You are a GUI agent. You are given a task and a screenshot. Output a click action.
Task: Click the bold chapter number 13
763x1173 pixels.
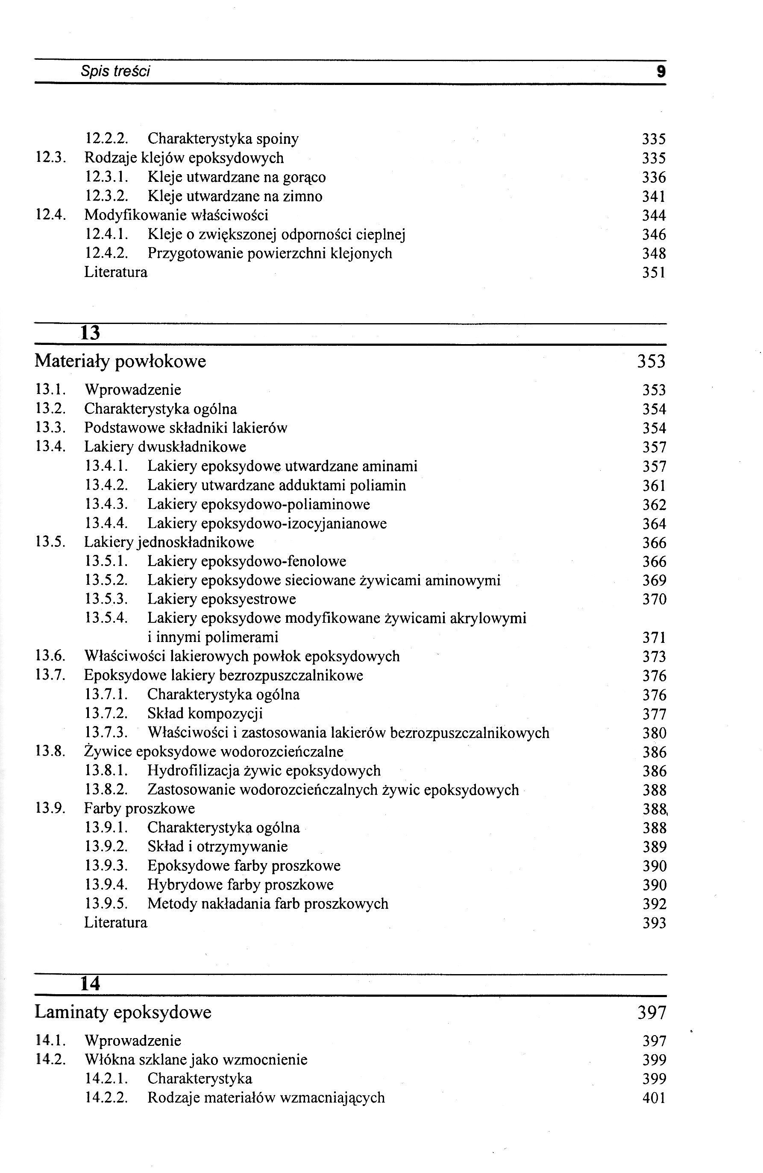pos(90,333)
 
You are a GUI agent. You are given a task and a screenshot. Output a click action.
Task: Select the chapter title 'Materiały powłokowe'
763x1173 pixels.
pos(120,361)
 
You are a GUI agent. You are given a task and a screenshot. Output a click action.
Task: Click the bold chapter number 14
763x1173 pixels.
pos(90,984)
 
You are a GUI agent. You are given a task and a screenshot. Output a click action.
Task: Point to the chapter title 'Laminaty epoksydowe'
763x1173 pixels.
pos(123,1013)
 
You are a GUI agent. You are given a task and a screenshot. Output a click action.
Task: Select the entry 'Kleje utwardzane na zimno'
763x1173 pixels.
pos(235,196)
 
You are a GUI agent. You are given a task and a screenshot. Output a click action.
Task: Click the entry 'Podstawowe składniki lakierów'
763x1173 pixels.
pos(185,428)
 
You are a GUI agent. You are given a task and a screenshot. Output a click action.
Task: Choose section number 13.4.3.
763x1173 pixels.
pos(106,504)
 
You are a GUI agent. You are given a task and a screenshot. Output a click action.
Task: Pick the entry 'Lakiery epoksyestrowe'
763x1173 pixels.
pos(221,599)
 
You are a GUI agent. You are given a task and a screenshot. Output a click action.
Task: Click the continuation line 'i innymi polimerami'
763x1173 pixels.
pos(213,637)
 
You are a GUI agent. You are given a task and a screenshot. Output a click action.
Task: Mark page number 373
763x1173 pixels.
pos(654,657)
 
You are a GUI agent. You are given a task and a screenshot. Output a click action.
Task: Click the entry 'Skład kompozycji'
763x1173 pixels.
pos(205,714)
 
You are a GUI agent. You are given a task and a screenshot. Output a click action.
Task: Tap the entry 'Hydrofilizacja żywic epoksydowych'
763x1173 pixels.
pos(264,771)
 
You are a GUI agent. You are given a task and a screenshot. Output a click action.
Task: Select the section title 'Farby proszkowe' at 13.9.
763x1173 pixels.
pos(139,809)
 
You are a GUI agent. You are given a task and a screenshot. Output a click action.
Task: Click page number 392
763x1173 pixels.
pos(654,904)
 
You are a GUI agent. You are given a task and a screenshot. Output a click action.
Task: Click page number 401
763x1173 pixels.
pos(654,1098)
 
